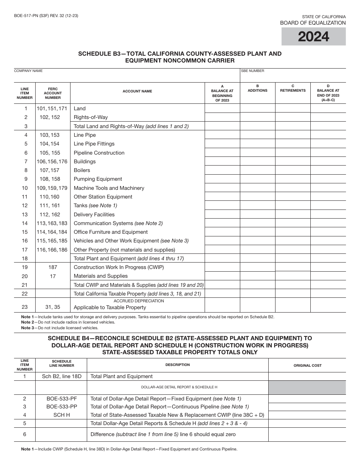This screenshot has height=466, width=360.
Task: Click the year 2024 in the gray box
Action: [x=313, y=37]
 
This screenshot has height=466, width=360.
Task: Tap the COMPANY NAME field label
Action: [x=28, y=71]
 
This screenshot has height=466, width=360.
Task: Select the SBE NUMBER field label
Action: [x=253, y=71]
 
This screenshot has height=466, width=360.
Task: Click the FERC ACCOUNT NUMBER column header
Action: [x=53, y=93]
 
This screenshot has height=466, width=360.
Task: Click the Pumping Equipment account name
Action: [x=98, y=179]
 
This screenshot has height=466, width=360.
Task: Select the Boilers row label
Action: [x=82, y=170]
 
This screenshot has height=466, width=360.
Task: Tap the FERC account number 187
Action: [x=53, y=267]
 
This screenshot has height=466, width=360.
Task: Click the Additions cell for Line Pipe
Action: [x=257, y=135]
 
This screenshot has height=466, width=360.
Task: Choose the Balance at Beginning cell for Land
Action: [x=222, y=108]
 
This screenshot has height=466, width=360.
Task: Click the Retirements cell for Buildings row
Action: [x=293, y=161]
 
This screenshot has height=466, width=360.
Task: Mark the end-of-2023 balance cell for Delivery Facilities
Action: [x=328, y=214]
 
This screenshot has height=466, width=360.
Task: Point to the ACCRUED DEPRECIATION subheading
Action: [x=139, y=301]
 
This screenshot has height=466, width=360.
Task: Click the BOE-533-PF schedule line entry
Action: [x=61, y=399]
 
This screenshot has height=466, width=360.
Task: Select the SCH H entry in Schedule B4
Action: [x=61, y=415]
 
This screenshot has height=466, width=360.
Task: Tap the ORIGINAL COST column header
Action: [x=307, y=365]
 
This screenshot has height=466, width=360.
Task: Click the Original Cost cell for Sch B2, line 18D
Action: [x=307, y=377]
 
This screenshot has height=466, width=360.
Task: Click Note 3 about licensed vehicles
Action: [x=59, y=328]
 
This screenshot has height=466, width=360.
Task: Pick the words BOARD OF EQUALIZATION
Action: [x=313, y=23]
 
